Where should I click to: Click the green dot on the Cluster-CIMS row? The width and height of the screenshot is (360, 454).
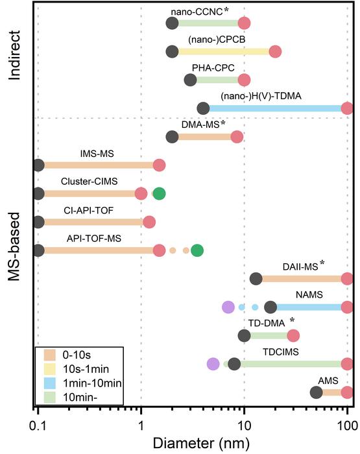click(x=158, y=193)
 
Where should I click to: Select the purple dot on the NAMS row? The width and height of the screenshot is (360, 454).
click(x=228, y=307)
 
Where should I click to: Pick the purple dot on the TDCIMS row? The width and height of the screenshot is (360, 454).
click(x=213, y=363)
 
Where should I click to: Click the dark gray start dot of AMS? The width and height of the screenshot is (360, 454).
click(x=316, y=392)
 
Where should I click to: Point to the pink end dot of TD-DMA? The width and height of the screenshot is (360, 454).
click(x=293, y=335)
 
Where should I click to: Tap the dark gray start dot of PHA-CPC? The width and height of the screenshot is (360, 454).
click(x=190, y=80)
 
